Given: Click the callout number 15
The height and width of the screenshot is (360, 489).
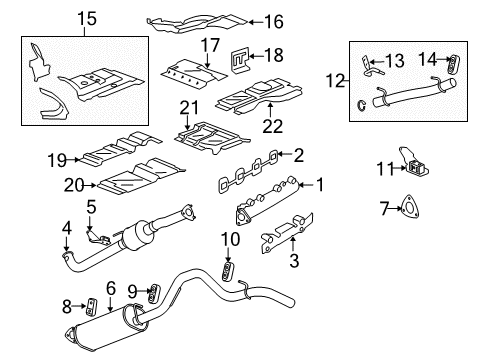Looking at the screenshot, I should (87, 18).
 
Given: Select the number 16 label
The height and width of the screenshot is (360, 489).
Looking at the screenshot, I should (273, 20).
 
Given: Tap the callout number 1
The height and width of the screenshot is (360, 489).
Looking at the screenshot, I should (321, 184).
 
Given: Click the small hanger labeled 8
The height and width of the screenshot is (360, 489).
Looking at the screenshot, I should (88, 304).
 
